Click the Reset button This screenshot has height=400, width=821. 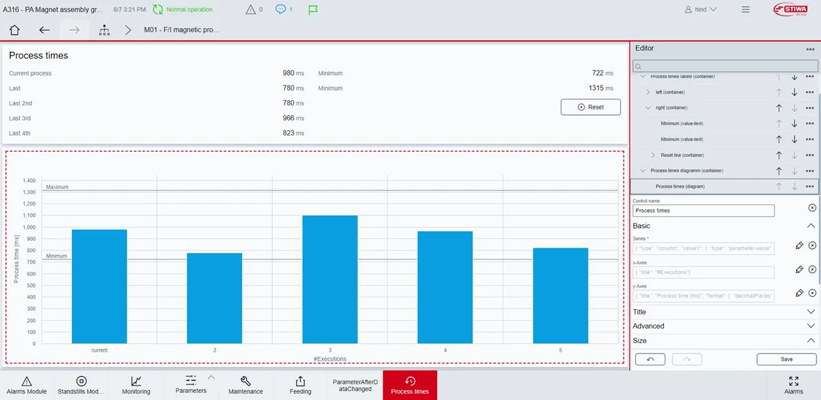pyautogui.click(x=590, y=107)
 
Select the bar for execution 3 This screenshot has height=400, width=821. pyautogui.click(x=330, y=279)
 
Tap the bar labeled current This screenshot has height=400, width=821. pyautogui.click(x=99, y=286)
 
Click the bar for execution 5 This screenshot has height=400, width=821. pyautogui.click(x=560, y=295)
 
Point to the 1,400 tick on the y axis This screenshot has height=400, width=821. pyautogui.click(x=29, y=180)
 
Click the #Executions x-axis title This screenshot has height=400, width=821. pyautogui.click(x=330, y=359)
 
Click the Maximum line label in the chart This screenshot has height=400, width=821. pyautogui.click(x=58, y=188)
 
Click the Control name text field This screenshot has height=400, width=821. pyautogui.click(x=703, y=210)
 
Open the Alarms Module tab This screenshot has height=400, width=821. pyautogui.click(x=27, y=385)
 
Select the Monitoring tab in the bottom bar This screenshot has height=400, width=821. pyautogui.click(x=136, y=385)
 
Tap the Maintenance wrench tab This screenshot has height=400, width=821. pyautogui.click(x=245, y=385)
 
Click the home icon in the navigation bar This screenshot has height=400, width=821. pyautogui.click(x=14, y=30)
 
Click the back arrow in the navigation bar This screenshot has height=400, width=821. pyautogui.click(x=44, y=30)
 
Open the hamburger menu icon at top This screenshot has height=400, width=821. pyautogui.click(x=745, y=10)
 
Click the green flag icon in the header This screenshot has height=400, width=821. pyautogui.click(x=313, y=10)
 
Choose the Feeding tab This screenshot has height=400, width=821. pyautogui.click(x=300, y=385)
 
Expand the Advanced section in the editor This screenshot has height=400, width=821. pyautogui.click(x=724, y=326)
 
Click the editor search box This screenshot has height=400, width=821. pyautogui.click(x=725, y=66)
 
